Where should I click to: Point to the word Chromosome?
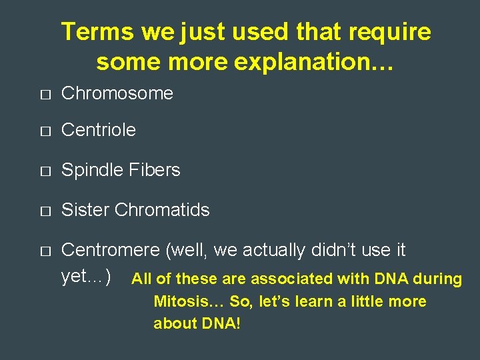click(x=117, y=93)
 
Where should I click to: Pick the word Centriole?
click(x=98, y=130)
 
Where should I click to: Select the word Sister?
click(x=85, y=210)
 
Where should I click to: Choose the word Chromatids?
click(x=162, y=210)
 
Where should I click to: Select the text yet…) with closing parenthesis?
click(x=86, y=275)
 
